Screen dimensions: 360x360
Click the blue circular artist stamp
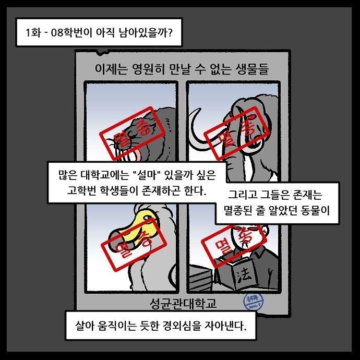click(x=253, y=301)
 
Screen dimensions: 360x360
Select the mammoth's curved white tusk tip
click(x=198, y=109)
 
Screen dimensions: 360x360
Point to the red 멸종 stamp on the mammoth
click(x=237, y=133)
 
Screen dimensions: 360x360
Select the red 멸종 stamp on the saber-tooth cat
click(x=133, y=133)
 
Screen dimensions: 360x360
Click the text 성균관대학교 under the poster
click(x=183, y=304)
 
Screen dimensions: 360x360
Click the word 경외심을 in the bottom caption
click(x=182, y=326)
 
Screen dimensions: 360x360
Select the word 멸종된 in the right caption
click(x=237, y=210)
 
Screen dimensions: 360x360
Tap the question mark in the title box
click(x=170, y=32)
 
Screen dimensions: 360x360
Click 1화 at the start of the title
click(x=33, y=32)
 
